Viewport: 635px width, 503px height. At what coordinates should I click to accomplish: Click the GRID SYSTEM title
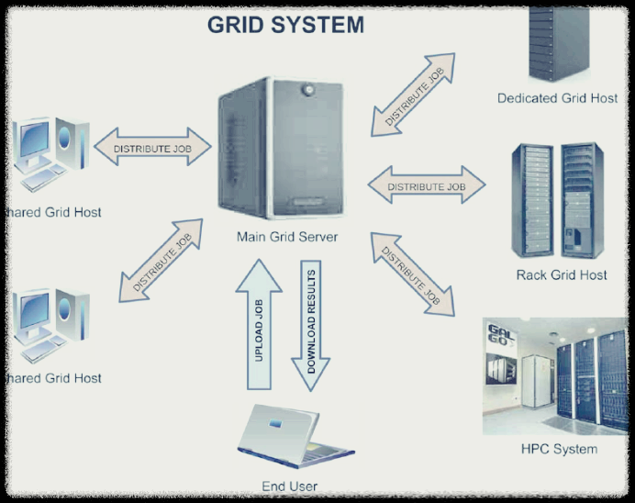pos(285,25)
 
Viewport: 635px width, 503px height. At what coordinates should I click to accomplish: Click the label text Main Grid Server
pos(287,237)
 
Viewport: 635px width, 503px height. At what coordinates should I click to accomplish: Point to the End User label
pos(290,486)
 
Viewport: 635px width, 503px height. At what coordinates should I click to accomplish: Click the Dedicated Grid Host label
pos(557,98)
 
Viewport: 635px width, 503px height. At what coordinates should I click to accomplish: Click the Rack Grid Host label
pos(563,274)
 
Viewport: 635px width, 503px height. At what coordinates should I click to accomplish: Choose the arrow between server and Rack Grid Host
pos(427,186)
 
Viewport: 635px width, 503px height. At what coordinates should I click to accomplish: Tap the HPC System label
pos(559,449)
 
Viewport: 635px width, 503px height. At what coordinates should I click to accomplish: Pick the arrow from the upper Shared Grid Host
pos(151,148)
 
